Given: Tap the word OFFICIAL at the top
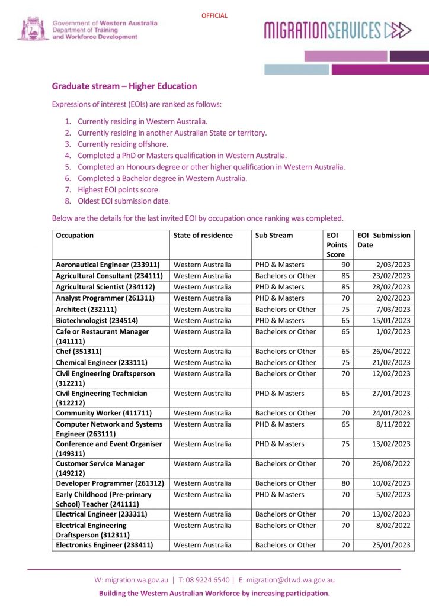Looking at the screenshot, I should (214, 16).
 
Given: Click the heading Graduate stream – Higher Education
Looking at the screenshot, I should (124, 86).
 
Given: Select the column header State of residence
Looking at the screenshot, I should (203, 235).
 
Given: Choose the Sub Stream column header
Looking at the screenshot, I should (274, 235).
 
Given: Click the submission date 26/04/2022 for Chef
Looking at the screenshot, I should (391, 351).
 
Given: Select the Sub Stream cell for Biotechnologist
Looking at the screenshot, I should (280, 320).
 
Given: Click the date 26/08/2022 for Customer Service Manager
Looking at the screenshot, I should (391, 464).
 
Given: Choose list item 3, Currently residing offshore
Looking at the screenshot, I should (123, 144).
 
